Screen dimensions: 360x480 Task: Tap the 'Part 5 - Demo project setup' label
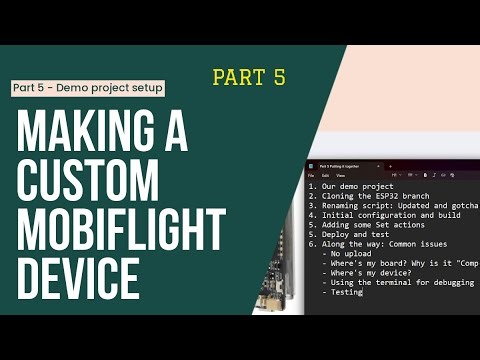click(x=87, y=88)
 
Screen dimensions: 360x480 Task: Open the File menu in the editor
click(x=312, y=174)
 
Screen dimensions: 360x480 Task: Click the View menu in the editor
click(x=340, y=174)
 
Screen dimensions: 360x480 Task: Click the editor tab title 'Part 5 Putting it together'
click(x=345, y=162)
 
